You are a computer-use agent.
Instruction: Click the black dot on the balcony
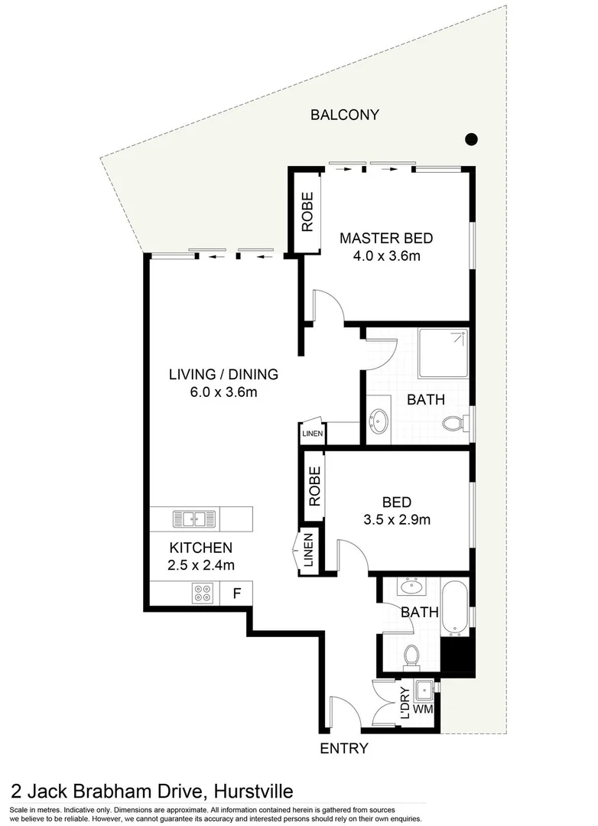[x=472, y=139]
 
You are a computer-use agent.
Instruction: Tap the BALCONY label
[x=344, y=115]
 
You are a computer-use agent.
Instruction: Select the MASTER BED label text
[x=380, y=237]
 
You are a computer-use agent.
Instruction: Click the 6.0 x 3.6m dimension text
[x=223, y=393]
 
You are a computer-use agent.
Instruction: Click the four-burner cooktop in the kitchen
[x=203, y=593]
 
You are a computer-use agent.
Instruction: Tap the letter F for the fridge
[x=237, y=593]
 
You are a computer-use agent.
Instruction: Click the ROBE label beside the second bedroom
[x=314, y=486]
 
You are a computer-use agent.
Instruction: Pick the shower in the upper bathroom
[x=443, y=355]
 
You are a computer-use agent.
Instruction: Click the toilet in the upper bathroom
[x=454, y=421]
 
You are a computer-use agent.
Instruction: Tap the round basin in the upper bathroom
[x=379, y=420]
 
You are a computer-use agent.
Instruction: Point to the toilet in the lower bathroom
[x=412, y=656]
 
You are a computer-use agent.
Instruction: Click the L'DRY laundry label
[x=405, y=701]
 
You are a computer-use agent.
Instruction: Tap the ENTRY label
[x=344, y=749]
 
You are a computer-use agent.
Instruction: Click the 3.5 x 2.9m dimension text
[x=397, y=520]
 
